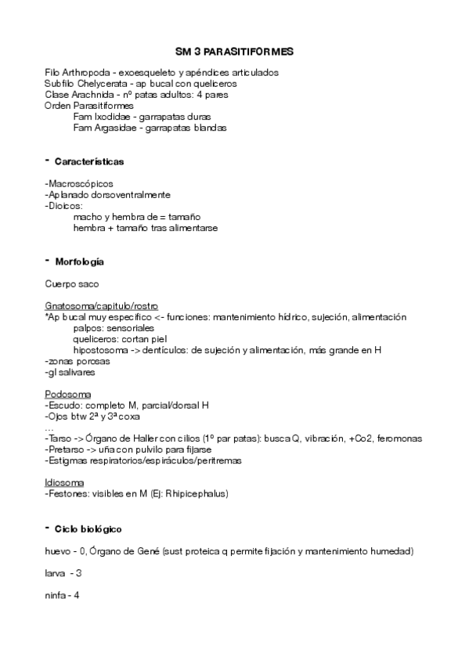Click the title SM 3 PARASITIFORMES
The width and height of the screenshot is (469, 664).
pyautogui.click(x=234, y=52)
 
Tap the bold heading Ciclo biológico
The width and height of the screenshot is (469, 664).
pyautogui.click(x=88, y=529)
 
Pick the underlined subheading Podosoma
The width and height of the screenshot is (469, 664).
pyautogui.click(x=68, y=394)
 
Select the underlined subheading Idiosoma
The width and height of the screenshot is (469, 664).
pyautogui.click(x=65, y=482)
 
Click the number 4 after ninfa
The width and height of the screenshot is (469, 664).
pyautogui.click(x=77, y=596)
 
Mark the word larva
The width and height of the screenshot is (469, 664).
pyautogui.click(x=56, y=574)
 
